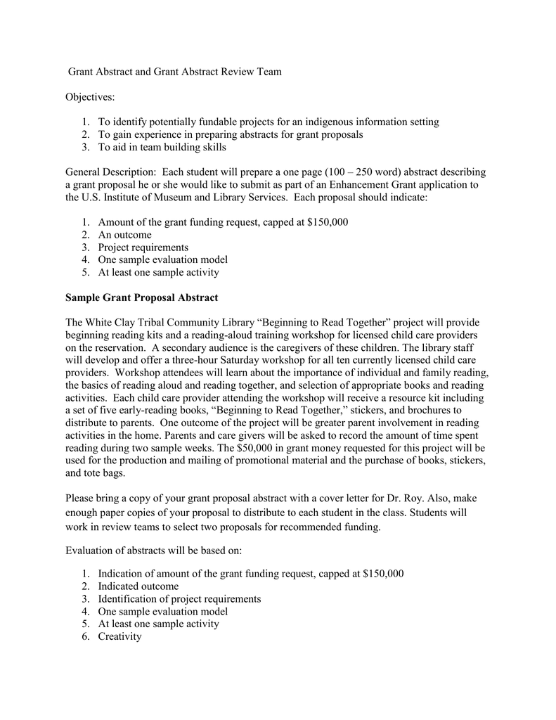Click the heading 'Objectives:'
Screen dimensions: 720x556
pyautogui.click(x=90, y=96)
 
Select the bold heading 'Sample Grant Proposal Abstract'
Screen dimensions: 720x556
pyautogui.click(x=141, y=297)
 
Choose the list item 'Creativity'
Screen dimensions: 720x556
pyautogui.click(x=119, y=636)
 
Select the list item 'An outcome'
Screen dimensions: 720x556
pyautogui.click(x=124, y=235)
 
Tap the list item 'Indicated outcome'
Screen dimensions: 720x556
pyautogui.click(x=138, y=586)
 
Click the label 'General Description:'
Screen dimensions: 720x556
pyautogui.click(x=110, y=172)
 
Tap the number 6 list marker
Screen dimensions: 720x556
pyautogui.click(x=84, y=636)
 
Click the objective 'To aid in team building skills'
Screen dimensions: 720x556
pyautogui.click(x=162, y=147)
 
